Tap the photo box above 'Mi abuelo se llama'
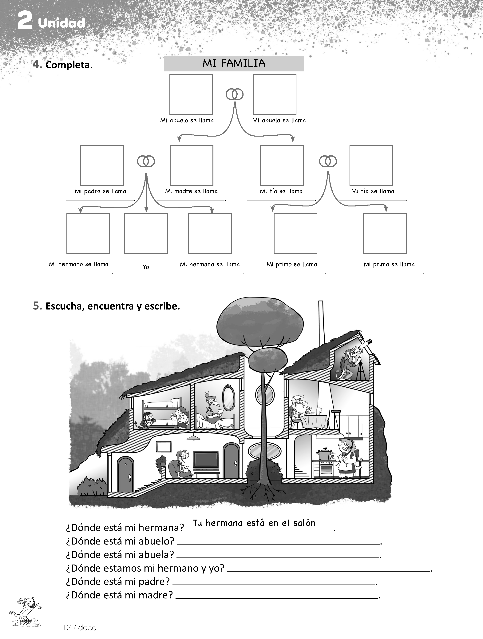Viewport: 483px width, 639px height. click(191, 95)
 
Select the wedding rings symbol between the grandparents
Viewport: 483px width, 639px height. click(234, 94)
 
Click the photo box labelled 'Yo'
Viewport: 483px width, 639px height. click(146, 234)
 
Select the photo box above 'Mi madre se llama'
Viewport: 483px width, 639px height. click(191, 166)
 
